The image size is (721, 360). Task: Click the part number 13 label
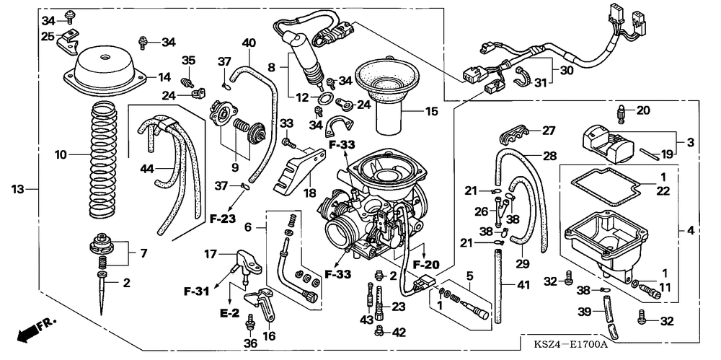click(17, 189)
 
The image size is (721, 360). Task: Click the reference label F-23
click(222, 219)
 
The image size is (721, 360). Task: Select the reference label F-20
click(426, 265)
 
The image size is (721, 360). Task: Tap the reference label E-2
click(230, 313)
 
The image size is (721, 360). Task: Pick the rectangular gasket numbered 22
click(604, 185)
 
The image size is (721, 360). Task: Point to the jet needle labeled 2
click(102, 294)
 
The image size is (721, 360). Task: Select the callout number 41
click(523, 285)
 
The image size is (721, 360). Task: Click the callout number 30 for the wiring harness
click(567, 71)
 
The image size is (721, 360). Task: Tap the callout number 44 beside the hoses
click(146, 169)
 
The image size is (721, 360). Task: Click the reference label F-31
click(196, 291)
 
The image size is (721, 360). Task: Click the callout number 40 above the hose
click(249, 43)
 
